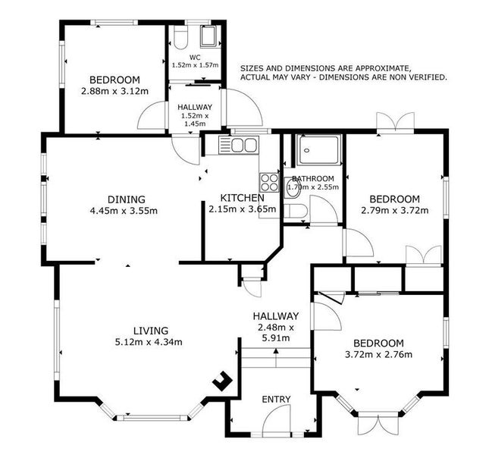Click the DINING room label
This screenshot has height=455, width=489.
tap(127, 199)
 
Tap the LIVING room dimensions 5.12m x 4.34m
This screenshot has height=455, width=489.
tap(149, 342)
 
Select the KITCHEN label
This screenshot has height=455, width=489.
tap(242, 198)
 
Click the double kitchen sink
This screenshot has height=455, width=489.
tap(239, 146)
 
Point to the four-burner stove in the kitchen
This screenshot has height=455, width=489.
tap(269, 183)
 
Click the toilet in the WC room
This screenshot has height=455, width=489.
tap(180, 37)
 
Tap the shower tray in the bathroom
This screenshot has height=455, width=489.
tap(318, 149)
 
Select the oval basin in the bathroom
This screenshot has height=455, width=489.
tap(293, 188)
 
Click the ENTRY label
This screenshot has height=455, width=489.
tap(276, 399)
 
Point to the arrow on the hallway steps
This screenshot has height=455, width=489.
tap(276, 358)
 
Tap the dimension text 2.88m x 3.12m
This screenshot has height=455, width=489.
tap(114, 91)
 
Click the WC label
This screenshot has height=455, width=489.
tap(195, 58)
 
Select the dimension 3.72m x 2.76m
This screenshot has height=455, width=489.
tap(378, 355)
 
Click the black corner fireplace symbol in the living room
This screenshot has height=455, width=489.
tap(222, 381)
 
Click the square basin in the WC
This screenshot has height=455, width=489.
tap(208, 37)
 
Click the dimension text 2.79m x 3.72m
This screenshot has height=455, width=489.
tap(394, 211)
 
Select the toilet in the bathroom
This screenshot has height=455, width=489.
tap(296, 211)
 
